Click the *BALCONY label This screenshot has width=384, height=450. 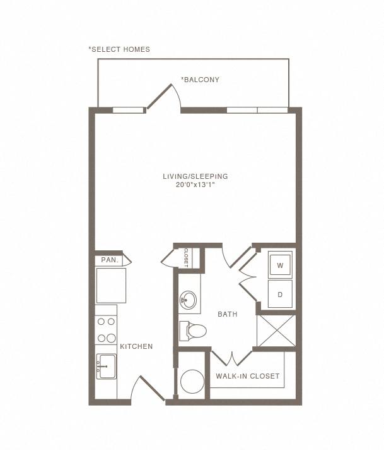point(200,80)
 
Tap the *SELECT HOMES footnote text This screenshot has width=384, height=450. point(119,49)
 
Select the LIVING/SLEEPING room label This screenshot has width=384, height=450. point(195,176)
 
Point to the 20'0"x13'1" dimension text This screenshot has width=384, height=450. point(195,185)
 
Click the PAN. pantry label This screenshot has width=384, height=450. point(110,260)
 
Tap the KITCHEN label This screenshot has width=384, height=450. point(136,346)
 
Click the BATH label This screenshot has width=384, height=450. point(228,314)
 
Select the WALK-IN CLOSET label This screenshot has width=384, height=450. point(248,376)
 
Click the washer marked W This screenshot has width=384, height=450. point(280,265)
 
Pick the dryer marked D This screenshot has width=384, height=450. point(280,294)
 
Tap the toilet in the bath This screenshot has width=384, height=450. point(193,331)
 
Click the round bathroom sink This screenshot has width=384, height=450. point(188,300)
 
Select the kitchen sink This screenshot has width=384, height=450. point(106,366)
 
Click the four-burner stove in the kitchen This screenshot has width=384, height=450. point(106,330)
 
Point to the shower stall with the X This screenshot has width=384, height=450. point(276,331)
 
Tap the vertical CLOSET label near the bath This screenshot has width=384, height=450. point(186,258)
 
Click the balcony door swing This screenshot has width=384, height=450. point(164,97)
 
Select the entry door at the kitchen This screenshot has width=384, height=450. point(148,388)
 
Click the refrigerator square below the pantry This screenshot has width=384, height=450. point(111,286)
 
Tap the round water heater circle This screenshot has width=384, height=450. point(192,381)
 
